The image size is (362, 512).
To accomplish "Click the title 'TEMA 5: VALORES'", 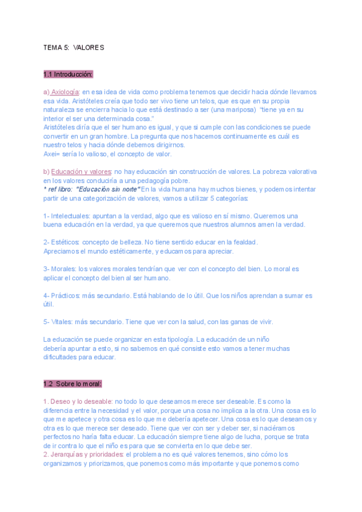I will point(74,47).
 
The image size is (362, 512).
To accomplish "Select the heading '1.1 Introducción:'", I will point(68,74).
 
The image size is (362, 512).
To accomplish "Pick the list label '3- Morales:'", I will point(60,269).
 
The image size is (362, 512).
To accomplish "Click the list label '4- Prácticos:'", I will point(62,295).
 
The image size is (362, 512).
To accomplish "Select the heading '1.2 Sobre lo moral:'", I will point(72,384).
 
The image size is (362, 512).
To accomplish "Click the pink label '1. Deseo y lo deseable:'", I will point(78,402).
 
